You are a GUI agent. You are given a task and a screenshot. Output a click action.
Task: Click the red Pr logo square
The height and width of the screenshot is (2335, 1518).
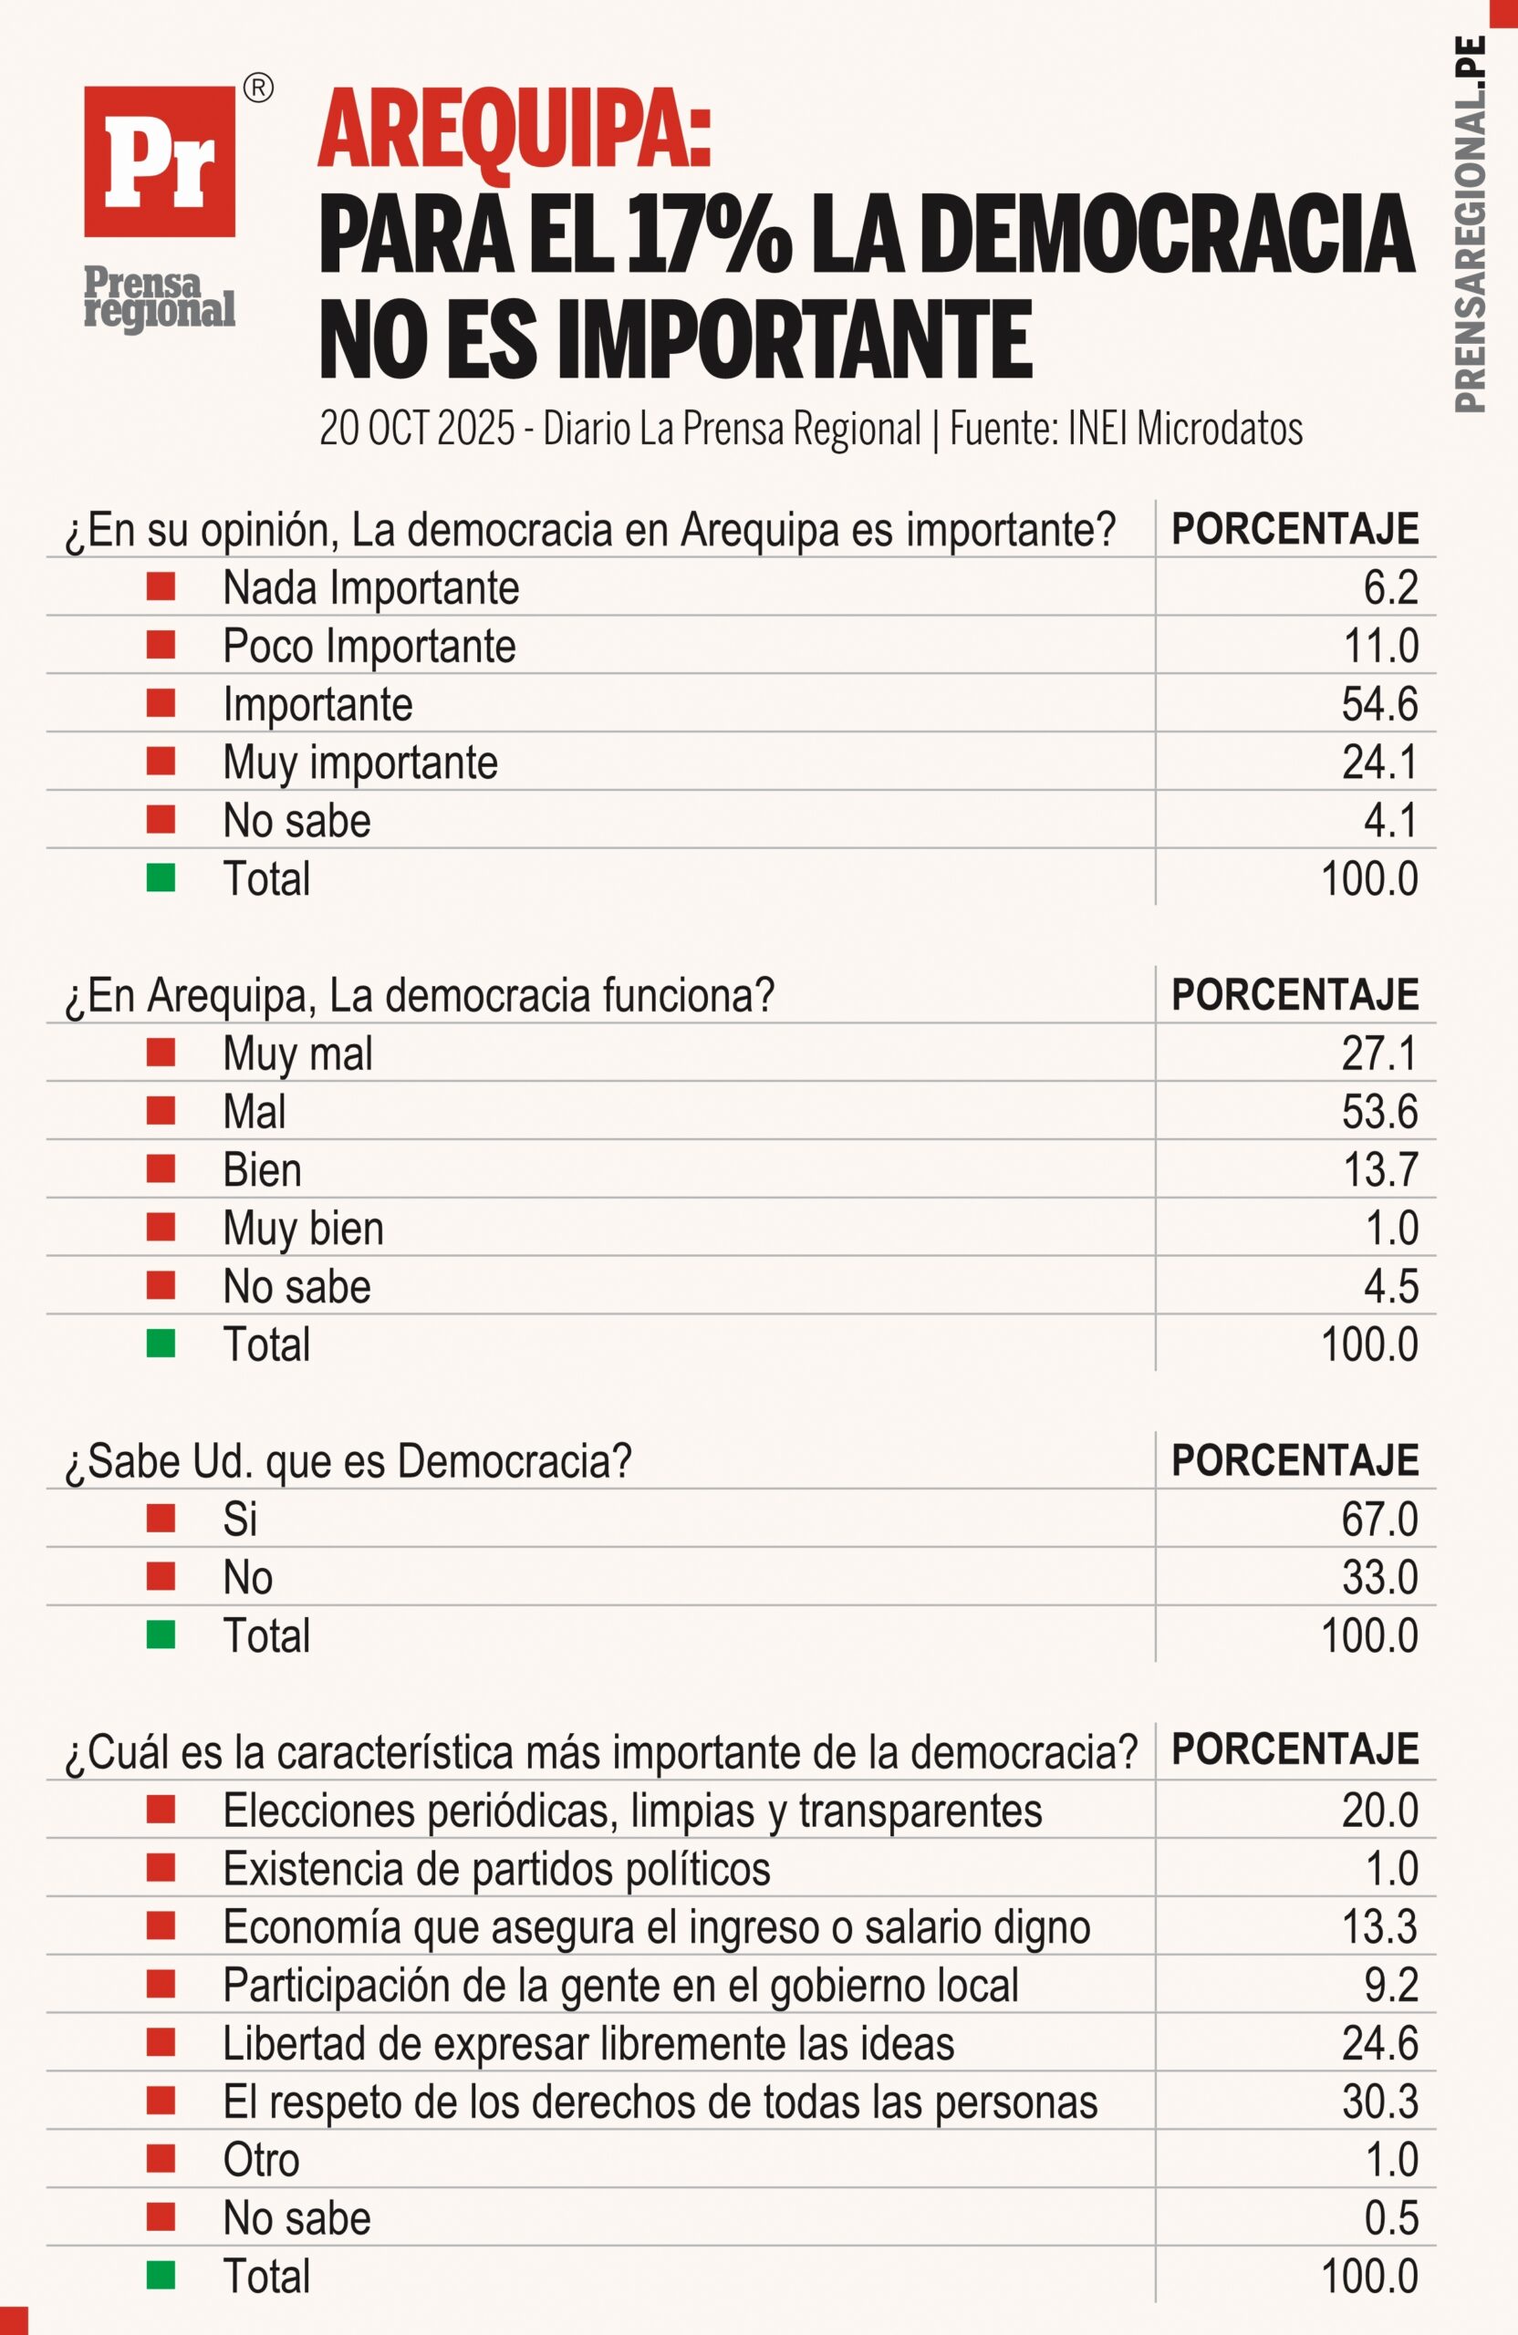pyautogui.click(x=159, y=161)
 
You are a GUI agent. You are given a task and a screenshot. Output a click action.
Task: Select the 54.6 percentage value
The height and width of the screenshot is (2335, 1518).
pyautogui.click(x=1378, y=704)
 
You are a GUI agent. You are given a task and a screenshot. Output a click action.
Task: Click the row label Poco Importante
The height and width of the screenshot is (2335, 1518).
pyautogui.click(x=369, y=647)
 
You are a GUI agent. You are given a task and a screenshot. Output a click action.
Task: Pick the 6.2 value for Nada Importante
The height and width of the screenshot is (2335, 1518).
pyautogui.click(x=1389, y=587)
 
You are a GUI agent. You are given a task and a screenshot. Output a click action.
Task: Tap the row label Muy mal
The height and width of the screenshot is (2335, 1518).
pyautogui.click(x=297, y=1053)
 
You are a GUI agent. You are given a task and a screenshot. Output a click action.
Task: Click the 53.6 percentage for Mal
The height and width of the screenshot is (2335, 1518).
pyautogui.click(x=1378, y=1112)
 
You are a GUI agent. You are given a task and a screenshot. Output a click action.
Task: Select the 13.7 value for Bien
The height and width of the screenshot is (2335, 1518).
pyautogui.click(x=1378, y=1169)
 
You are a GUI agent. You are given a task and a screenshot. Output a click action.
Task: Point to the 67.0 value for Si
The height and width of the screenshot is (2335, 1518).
pyautogui.click(x=1378, y=1520)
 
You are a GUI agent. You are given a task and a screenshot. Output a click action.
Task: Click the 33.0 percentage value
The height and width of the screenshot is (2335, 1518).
pyautogui.click(x=1378, y=1578)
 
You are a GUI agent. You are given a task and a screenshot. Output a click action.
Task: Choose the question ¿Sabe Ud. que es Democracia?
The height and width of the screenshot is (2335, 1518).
pyautogui.click(x=348, y=1462)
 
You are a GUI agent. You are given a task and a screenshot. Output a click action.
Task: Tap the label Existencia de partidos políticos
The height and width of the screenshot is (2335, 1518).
pyautogui.click(x=496, y=1869)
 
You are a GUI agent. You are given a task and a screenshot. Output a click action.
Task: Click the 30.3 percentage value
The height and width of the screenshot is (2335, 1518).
pyautogui.click(x=1378, y=2101)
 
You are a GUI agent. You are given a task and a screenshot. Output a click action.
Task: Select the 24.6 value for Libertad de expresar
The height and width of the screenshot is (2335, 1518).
pyautogui.click(x=1378, y=2044)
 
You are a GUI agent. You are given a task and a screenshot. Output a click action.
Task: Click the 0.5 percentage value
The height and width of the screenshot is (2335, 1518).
pyautogui.click(x=1390, y=2218)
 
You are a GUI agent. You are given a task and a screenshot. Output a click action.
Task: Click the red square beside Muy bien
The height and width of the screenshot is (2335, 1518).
pyautogui.click(x=161, y=1228)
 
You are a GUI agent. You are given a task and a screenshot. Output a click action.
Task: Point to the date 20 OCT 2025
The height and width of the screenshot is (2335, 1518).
pyautogui.click(x=417, y=429)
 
